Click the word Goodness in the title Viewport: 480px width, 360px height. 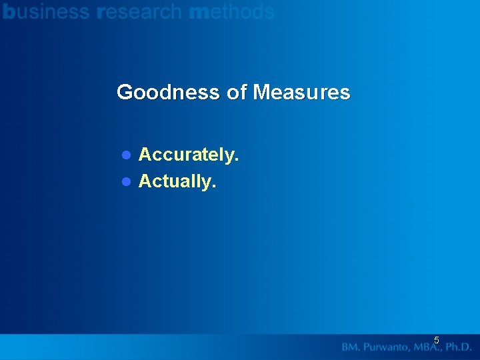[x=169, y=92]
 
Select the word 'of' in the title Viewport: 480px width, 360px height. [x=237, y=92]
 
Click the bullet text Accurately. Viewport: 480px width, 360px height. [x=189, y=155]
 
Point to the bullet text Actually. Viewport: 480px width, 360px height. [x=177, y=181]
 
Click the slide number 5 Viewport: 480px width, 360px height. [x=437, y=340]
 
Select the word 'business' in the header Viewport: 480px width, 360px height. [x=46, y=11]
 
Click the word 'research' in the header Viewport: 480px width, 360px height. [x=139, y=11]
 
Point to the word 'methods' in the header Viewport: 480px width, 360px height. [x=232, y=11]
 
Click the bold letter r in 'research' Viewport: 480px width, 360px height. [x=100, y=13]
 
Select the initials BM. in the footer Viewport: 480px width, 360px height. [x=351, y=347]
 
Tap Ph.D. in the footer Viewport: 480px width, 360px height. [x=457, y=347]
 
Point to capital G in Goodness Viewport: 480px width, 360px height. [x=125, y=92]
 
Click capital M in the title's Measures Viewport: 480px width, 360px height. [x=261, y=92]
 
